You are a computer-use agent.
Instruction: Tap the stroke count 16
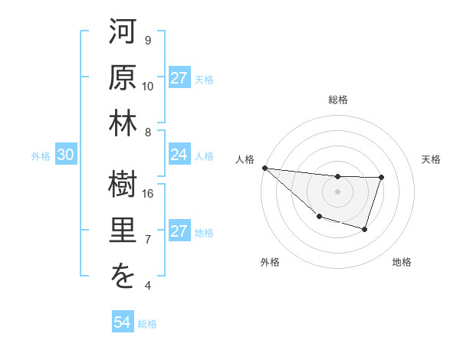[149, 194]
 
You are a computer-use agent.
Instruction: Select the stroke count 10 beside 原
[149, 86]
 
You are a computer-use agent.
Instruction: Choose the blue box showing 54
[122, 322]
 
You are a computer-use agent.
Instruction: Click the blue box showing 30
[65, 155]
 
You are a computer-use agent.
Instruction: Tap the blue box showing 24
[179, 155]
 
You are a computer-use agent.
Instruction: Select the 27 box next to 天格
[179, 77]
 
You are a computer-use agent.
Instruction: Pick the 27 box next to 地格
[179, 231]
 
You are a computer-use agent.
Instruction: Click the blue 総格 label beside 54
[147, 324]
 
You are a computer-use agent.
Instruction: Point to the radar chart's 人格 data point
[264, 167]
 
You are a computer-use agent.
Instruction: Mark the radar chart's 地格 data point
[365, 229]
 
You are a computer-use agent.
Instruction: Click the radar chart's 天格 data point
[382, 178]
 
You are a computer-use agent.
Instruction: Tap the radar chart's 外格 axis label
[270, 262]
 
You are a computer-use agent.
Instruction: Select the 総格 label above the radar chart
[337, 100]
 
